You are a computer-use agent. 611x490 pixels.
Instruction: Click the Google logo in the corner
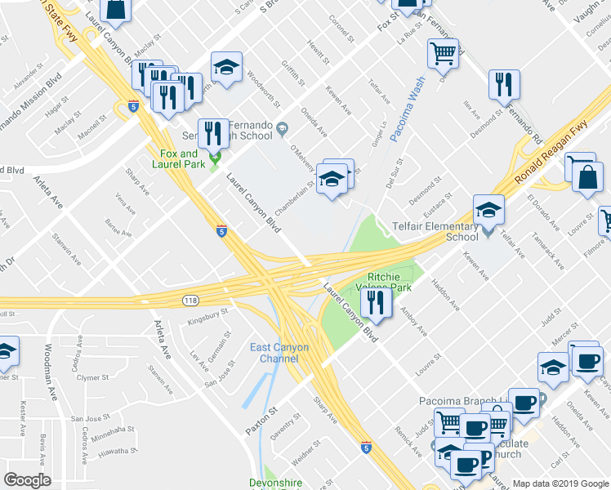(x=28, y=480)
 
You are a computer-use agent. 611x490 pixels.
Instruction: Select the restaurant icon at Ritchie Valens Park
(x=376, y=304)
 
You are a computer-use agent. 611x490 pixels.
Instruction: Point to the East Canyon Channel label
(x=279, y=353)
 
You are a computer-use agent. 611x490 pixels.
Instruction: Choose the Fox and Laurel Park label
(x=178, y=158)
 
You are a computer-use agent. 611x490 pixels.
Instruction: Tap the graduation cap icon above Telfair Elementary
(x=488, y=210)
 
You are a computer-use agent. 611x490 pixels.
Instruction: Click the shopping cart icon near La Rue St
(x=443, y=54)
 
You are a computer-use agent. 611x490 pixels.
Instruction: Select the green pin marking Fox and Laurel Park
(x=216, y=158)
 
